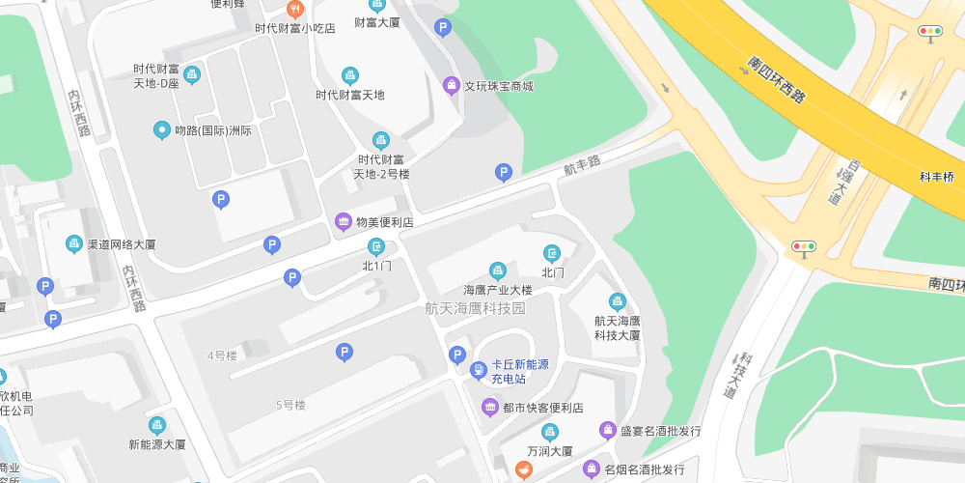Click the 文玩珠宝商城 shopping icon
pos(452,85)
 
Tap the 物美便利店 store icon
pos(343,222)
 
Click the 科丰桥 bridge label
pos(936,177)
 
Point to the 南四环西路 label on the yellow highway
pos(776,80)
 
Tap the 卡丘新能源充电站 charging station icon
pos(479,371)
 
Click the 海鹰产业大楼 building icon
pos(498,270)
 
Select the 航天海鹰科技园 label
pos(476,308)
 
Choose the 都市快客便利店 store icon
pos(490,407)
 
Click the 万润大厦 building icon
pos(550,432)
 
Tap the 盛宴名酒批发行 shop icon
pos(607,430)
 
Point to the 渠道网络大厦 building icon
pos(74,243)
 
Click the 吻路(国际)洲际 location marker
pos(162,130)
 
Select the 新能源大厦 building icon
pos(157,425)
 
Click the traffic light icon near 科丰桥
pos(930,32)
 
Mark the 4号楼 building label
pos(222,355)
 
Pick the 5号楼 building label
pos(290,405)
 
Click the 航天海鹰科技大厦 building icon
pos(618,301)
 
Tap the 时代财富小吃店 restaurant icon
pos(295,9)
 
